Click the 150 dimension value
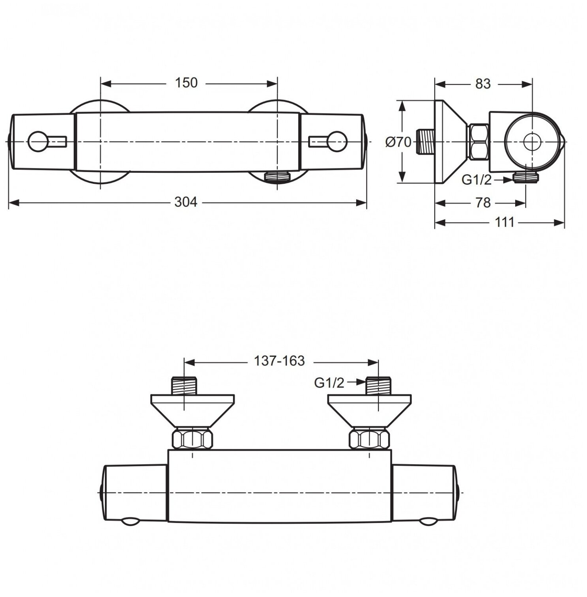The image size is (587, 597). coord(186,83)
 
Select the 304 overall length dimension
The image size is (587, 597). coord(185,202)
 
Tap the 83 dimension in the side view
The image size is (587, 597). coord(482,84)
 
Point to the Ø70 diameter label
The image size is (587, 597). coord(398,142)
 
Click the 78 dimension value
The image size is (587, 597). coord(482,203)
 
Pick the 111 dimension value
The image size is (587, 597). coord(505,222)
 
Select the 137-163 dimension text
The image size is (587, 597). coord(279,360)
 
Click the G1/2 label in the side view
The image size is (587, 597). coord(477,180)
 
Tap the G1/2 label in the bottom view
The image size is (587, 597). coord(329,382)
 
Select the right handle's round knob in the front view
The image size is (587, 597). coord(337,141)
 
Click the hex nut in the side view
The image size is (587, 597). coord(479,142)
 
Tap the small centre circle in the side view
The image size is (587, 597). coord(531,142)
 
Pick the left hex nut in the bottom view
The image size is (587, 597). coord(192,438)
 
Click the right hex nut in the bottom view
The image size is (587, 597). coord(370,438)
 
